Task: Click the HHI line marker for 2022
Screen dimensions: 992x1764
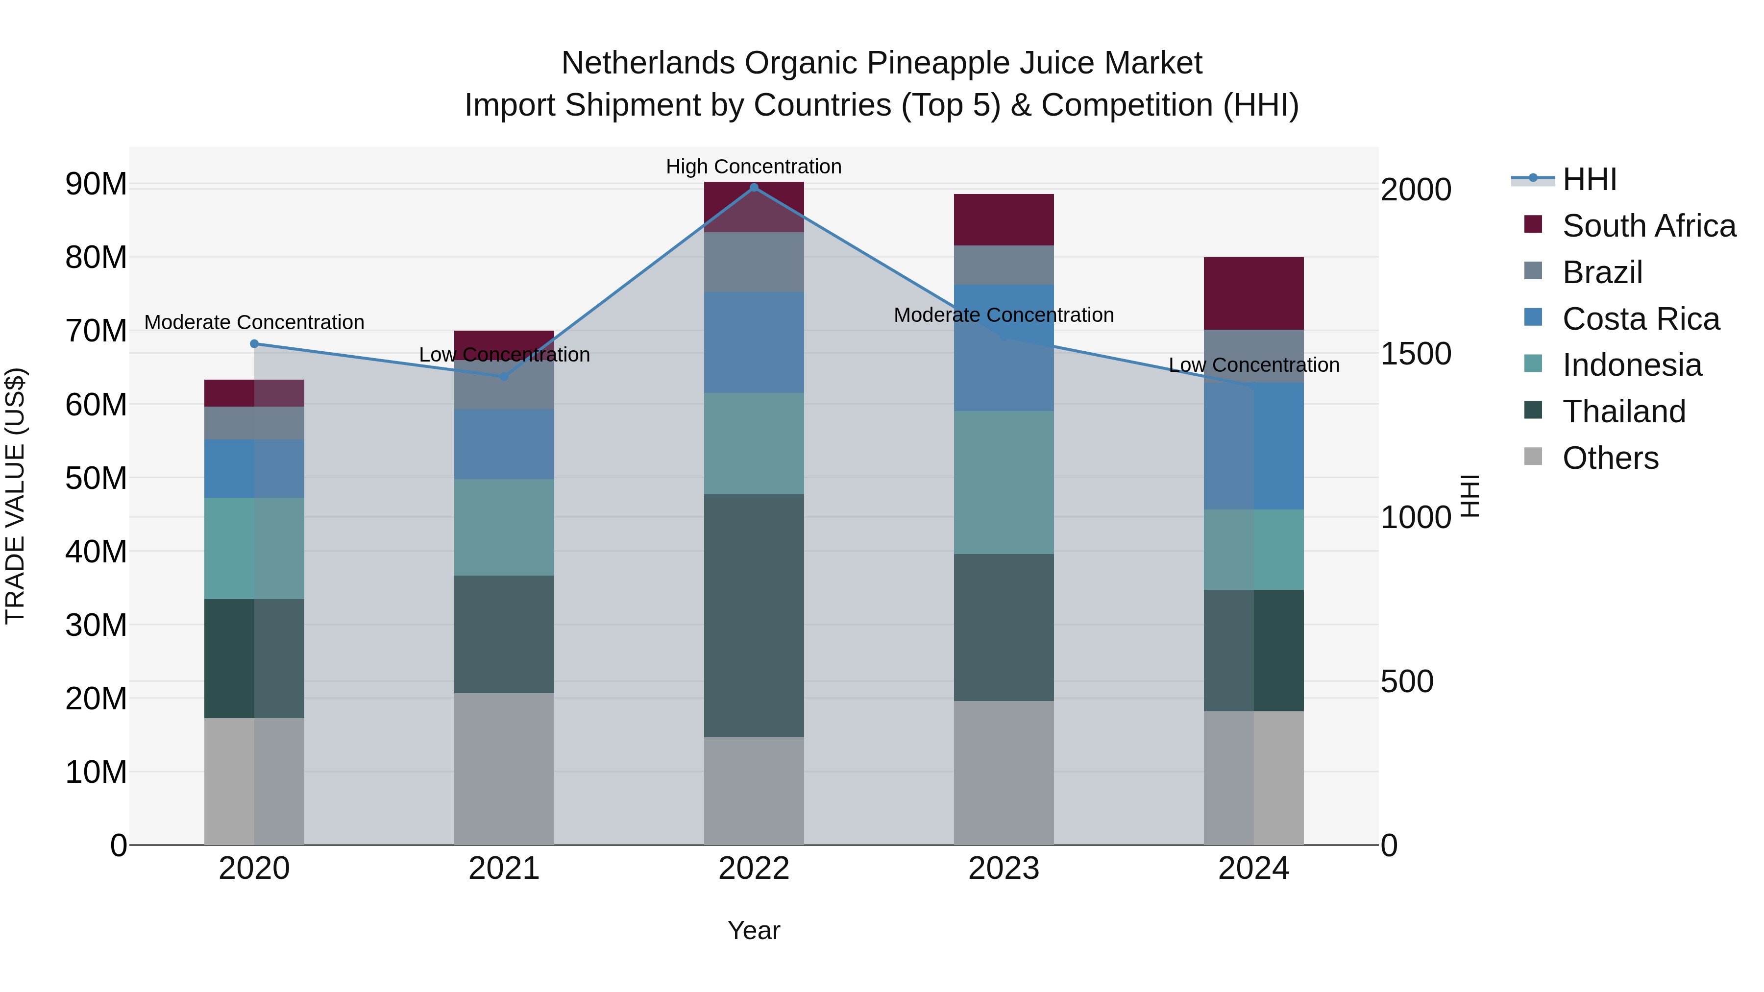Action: pyautogui.click(x=754, y=188)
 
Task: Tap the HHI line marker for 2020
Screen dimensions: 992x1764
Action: pyautogui.click(x=254, y=344)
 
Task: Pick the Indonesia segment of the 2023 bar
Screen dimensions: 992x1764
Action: pyautogui.click(x=1004, y=483)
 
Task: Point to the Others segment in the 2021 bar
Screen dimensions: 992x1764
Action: pyautogui.click(x=504, y=769)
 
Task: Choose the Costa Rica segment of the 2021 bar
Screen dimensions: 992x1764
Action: pyautogui.click(x=504, y=444)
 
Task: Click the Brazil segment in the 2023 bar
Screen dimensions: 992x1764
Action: pyautogui.click(x=1004, y=265)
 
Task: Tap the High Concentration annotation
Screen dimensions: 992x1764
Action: pyautogui.click(x=754, y=167)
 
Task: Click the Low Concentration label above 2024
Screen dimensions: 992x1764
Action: pyautogui.click(x=1254, y=365)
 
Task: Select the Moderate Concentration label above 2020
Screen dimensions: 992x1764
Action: pyautogui.click(x=254, y=322)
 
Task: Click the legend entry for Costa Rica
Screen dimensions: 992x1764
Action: pyautogui.click(x=1640, y=319)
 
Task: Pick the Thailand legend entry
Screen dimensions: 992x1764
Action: pyautogui.click(x=1624, y=411)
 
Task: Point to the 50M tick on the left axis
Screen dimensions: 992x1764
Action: pyautogui.click(x=96, y=478)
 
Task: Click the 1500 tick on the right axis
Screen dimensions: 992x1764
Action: pyautogui.click(x=1416, y=354)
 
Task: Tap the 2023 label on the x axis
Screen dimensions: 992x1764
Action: pyautogui.click(x=1004, y=869)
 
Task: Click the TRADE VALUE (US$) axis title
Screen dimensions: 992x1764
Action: pyautogui.click(x=15, y=496)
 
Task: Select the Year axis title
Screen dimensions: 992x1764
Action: pyautogui.click(x=754, y=930)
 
